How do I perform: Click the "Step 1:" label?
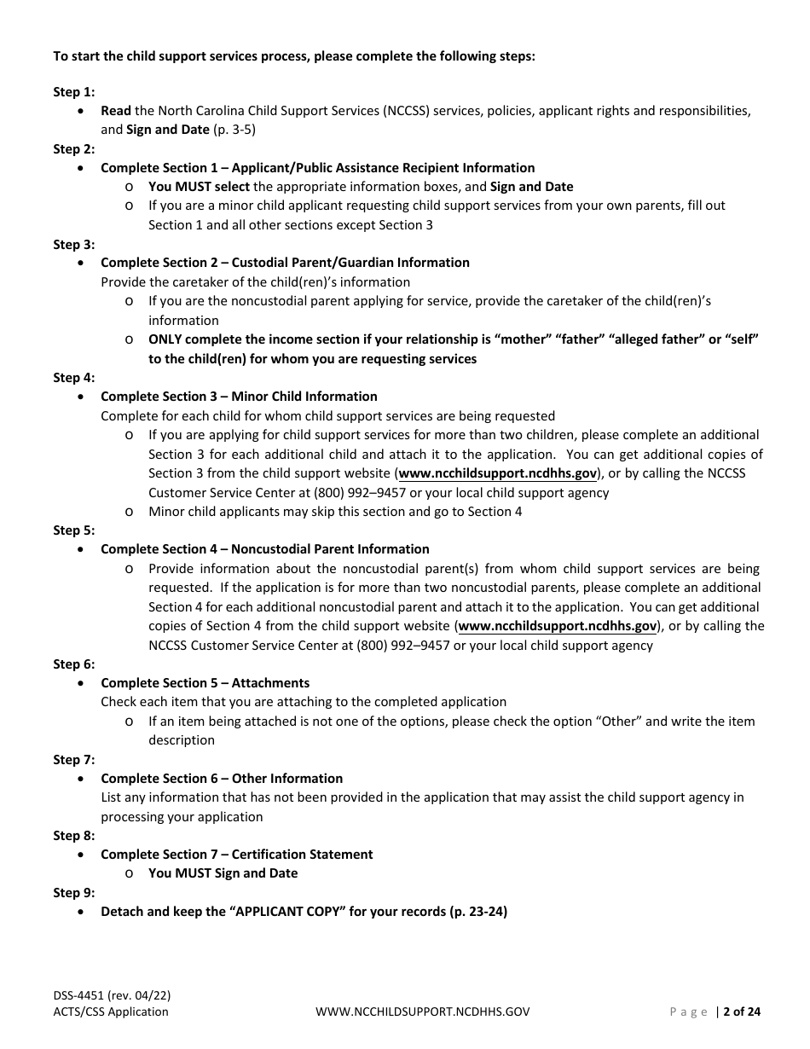[74, 92]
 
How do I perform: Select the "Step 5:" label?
[74, 530]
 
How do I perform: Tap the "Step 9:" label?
[74, 893]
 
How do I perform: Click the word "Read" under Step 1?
[116, 111]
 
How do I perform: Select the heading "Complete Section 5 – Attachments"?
[205, 683]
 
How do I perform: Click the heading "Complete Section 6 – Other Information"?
[222, 779]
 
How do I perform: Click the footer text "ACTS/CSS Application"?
[111, 1012]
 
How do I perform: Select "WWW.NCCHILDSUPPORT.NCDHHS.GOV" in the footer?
[422, 1012]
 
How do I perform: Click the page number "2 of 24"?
[742, 1012]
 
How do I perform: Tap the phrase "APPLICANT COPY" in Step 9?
[287, 912]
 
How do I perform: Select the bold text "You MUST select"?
[199, 187]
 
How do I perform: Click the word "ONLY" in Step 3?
[166, 339]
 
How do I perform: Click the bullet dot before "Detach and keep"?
[81, 912]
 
